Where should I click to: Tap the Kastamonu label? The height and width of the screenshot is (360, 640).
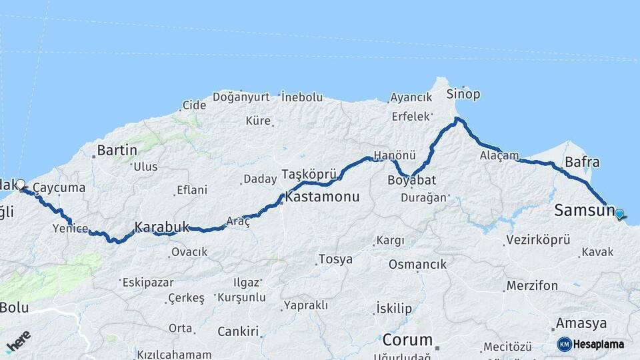click(322, 197)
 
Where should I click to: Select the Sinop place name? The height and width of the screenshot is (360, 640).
click(463, 94)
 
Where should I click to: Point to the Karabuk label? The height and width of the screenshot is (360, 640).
click(162, 227)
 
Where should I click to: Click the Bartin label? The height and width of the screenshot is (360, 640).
click(117, 150)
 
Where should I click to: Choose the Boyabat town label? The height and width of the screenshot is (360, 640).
click(411, 180)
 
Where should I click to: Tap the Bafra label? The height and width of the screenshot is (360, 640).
click(582, 162)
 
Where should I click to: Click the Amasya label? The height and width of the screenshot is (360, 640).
click(581, 323)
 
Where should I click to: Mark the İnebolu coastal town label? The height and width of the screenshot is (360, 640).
click(302, 97)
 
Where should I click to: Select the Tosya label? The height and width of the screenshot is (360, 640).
click(335, 259)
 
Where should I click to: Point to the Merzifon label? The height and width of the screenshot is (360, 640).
click(532, 286)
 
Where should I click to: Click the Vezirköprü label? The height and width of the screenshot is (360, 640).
click(538, 240)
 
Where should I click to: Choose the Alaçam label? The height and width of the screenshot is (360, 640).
click(499, 155)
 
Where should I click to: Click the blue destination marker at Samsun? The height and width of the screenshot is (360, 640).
click(619, 214)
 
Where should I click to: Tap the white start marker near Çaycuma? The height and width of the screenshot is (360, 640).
click(20, 184)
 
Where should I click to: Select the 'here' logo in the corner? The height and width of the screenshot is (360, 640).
click(18, 341)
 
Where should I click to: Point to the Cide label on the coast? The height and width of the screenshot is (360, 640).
click(194, 105)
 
